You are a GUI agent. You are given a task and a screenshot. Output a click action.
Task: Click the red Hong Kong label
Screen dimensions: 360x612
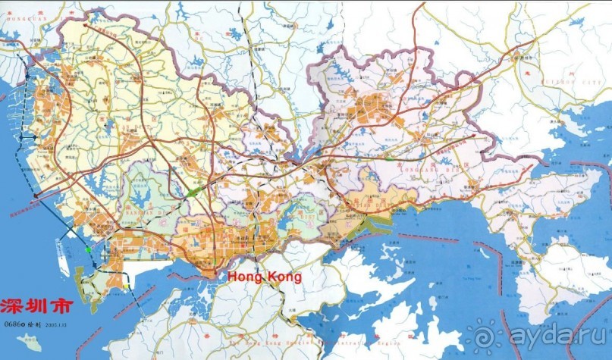point(265,277)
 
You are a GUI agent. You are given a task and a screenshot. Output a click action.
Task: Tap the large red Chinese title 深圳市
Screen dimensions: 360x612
point(37,308)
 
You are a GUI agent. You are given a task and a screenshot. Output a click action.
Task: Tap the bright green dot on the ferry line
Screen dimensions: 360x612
point(88,249)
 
